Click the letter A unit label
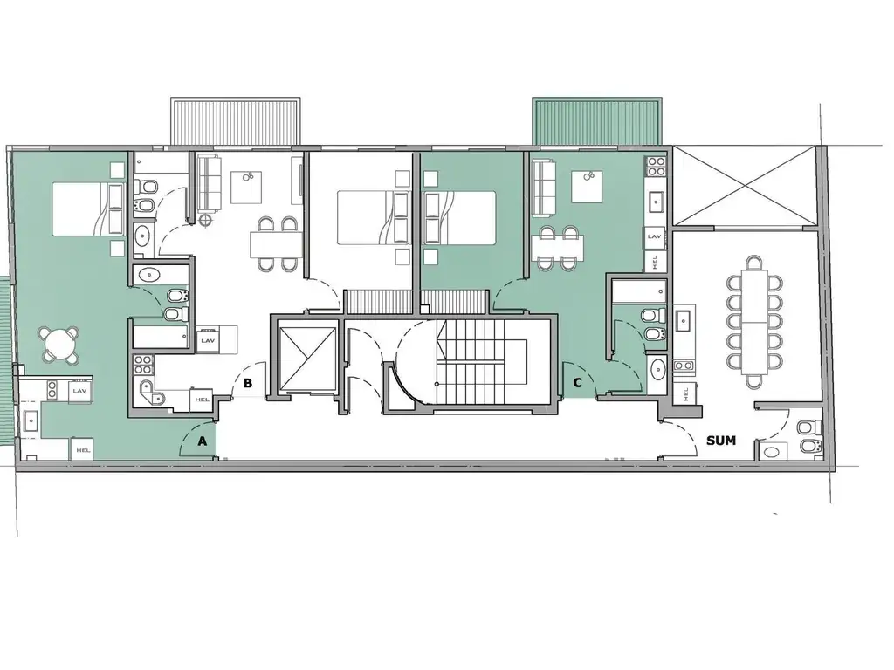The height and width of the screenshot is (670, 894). coord(202,441)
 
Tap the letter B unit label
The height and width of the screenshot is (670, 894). coord(247,384)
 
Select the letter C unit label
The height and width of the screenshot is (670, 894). coord(578,383)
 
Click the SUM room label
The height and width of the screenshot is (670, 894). coord(720,441)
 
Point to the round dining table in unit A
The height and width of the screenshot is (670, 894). coord(60,345)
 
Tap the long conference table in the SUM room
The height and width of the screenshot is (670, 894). coord(754,323)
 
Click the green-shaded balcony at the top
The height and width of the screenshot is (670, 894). coord(597,121)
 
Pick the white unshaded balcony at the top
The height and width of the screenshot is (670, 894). coord(236,121)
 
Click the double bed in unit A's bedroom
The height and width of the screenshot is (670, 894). coord(88,209)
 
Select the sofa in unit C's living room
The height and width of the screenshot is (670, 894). coord(544,188)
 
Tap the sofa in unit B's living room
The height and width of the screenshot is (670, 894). coord(210,183)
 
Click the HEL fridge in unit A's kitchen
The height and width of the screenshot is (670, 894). coord(83,449)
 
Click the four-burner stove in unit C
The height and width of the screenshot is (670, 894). coord(657,167)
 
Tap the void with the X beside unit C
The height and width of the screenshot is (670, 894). coord(745,186)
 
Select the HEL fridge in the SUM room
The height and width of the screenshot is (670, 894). coord(685,393)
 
